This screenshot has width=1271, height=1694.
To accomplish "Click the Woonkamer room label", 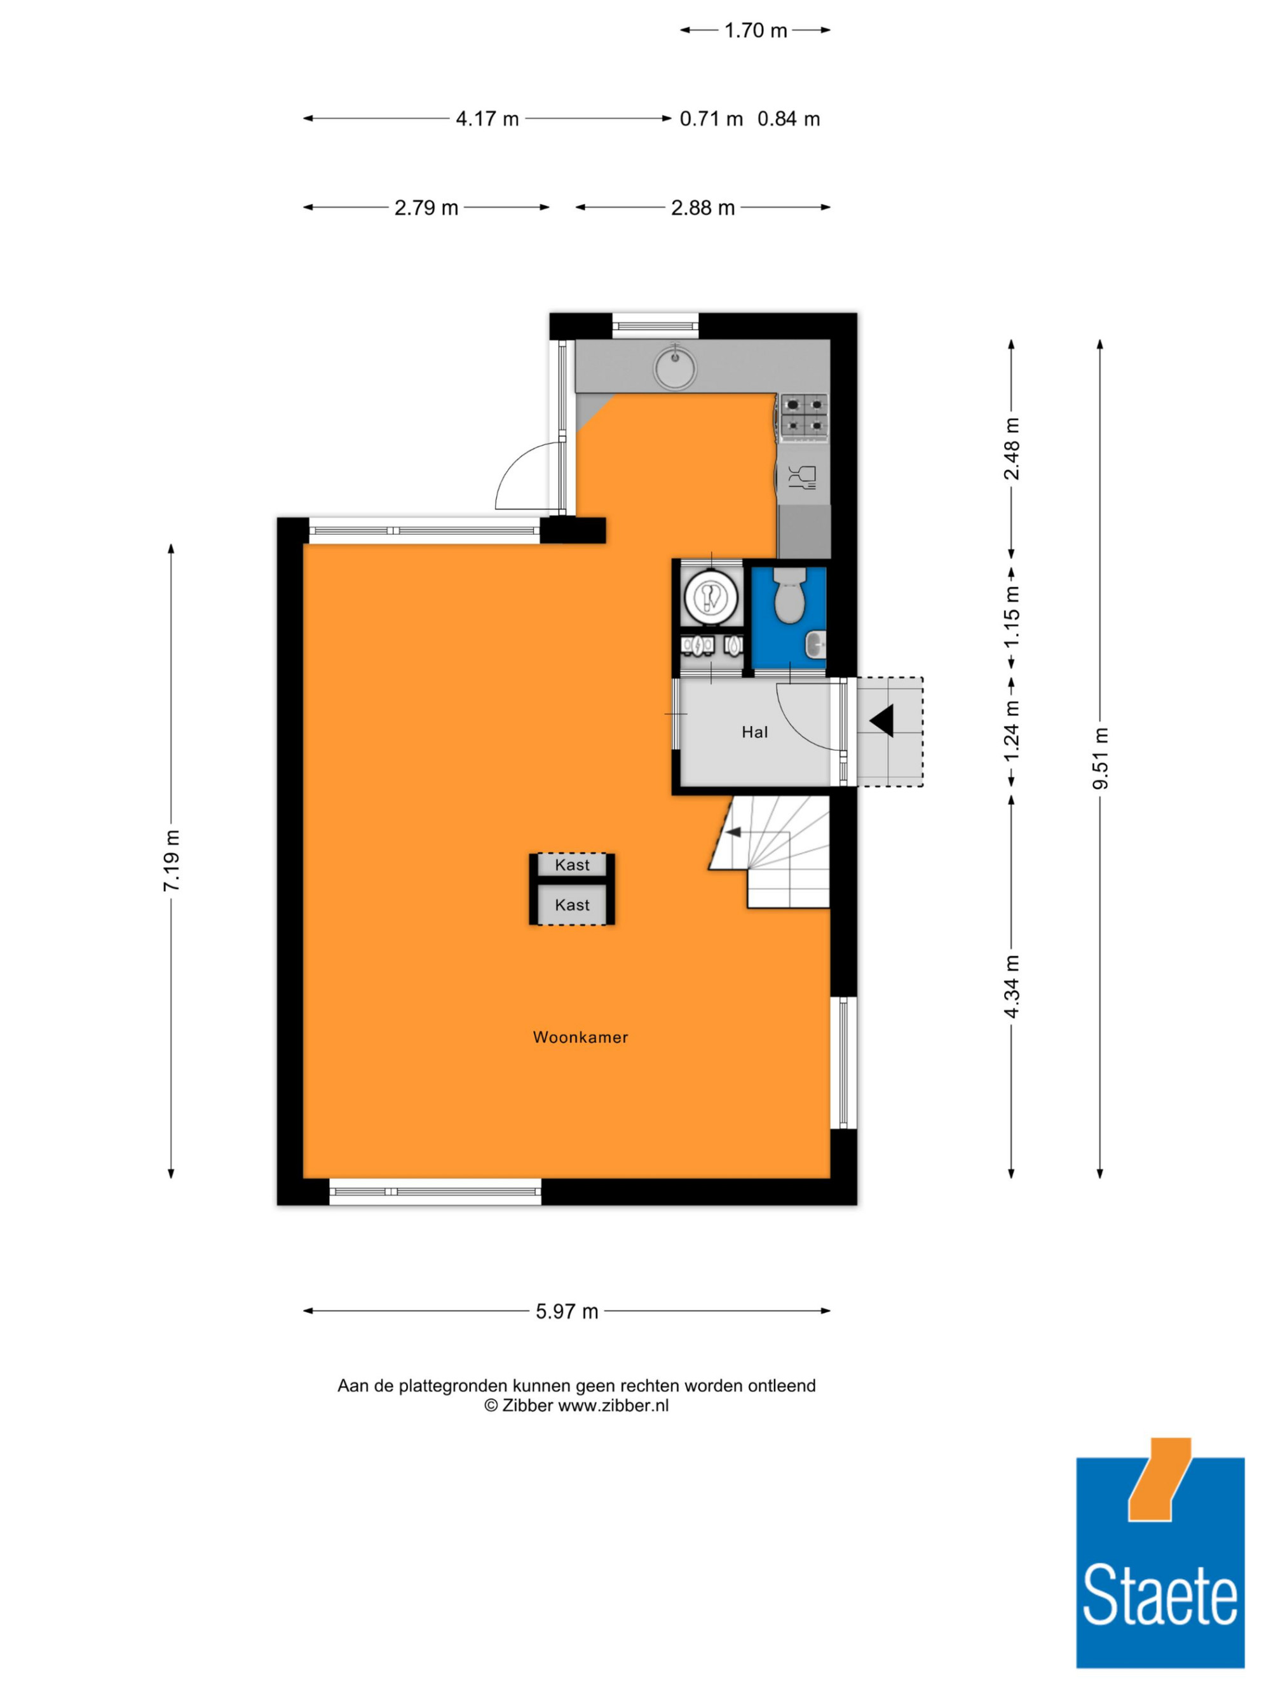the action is [580, 1037].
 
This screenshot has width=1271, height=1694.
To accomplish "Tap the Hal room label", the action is [754, 732].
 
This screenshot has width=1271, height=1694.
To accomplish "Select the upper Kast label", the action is [573, 864].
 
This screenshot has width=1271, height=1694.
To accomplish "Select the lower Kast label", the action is [573, 904].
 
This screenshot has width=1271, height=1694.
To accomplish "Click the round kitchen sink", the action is [675, 366].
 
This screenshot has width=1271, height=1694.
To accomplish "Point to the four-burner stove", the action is [805, 417].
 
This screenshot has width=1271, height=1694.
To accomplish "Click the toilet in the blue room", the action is [789, 593].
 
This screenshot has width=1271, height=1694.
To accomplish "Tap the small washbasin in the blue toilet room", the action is [815, 645].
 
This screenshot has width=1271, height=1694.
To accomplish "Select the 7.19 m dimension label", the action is [171, 860].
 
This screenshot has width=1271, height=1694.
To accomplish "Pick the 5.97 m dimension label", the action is [567, 1311].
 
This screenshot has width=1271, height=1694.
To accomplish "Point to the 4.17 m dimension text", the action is [487, 119].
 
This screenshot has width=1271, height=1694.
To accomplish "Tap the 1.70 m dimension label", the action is [756, 30].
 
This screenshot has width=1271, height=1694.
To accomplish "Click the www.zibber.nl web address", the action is [613, 1405].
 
